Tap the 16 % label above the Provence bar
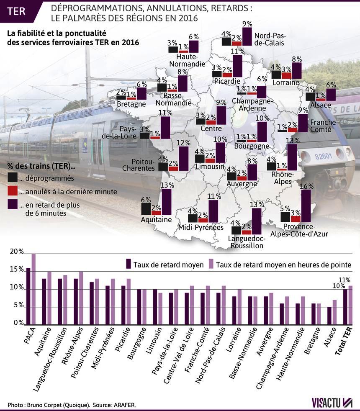(x=305, y=186)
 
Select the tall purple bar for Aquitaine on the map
(x=166, y=202)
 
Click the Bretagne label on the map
(x=131, y=104)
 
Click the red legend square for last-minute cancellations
(x=13, y=191)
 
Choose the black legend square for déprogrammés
(x=13, y=177)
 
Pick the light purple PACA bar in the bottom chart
(x=33, y=289)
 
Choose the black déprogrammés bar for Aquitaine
(x=146, y=208)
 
